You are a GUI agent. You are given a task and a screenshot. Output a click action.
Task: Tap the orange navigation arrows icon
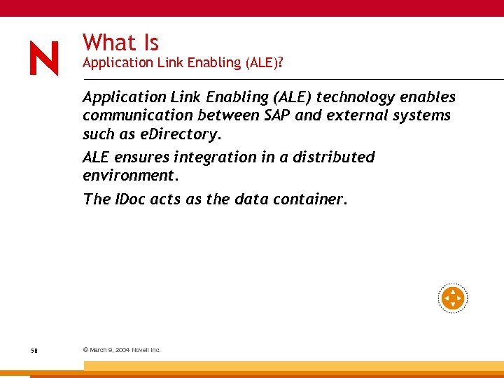453,299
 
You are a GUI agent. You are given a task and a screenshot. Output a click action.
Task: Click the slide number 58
34,350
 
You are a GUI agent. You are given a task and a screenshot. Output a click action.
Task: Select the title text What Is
120,43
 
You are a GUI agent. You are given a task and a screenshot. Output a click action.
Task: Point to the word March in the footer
97,350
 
